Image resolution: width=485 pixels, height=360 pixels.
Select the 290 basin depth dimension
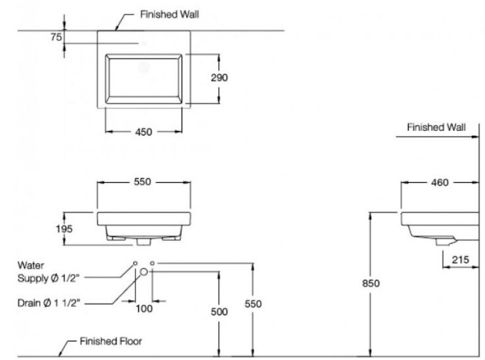tap(220, 77)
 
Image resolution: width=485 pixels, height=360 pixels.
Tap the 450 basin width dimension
tap(143, 132)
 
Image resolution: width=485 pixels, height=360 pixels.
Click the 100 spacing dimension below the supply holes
tap(144, 308)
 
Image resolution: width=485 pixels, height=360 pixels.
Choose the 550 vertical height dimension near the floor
tap(253, 303)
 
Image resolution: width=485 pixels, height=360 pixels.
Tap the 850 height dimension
tap(371, 283)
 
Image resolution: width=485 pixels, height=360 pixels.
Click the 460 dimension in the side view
tap(440, 182)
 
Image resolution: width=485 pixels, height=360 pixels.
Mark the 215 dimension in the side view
tap(460, 260)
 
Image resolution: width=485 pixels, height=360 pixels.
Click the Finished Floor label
tap(111, 342)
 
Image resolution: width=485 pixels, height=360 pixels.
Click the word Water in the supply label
tap(30, 267)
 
